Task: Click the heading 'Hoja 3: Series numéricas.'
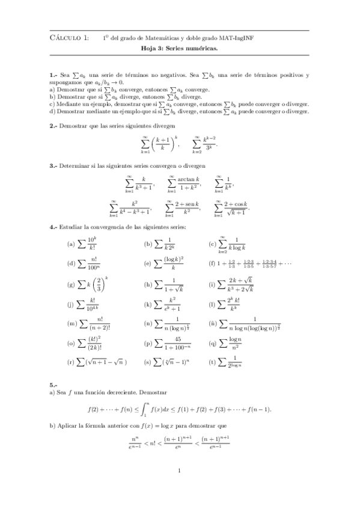tap(179, 51)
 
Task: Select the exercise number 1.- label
tap(53, 75)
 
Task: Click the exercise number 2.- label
tap(53, 126)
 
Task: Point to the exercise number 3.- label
tap(53, 165)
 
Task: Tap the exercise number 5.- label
tap(53, 384)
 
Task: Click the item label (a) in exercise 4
tap(72, 245)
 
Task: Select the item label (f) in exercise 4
tap(212, 263)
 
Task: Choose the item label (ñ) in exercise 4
tap(212, 324)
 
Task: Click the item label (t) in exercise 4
tap(212, 362)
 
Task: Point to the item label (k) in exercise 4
tap(148, 305)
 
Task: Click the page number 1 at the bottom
tap(180, 472)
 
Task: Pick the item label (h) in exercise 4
tap(148, 284)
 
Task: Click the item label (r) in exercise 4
tap(71, 362)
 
